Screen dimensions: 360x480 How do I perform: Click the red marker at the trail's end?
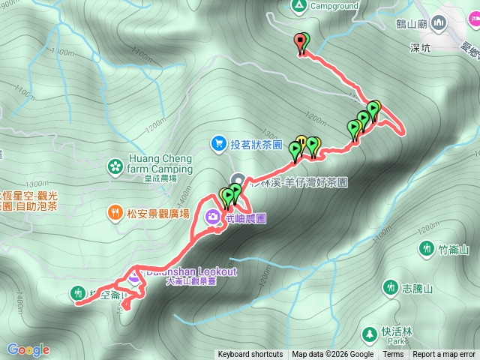tap(301, 43)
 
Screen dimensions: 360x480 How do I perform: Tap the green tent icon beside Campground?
tap(299, 6)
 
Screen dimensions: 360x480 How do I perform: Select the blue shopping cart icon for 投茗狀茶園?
tap(218, 142)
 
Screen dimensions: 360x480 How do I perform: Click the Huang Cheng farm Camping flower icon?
tap(115, 165)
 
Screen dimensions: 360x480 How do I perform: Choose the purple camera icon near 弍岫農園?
tap(213, 218)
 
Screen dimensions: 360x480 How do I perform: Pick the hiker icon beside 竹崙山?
tap(427, 247)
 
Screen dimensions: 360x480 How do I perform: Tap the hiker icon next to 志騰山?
tap(390, 286)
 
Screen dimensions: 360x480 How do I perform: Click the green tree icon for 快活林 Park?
tap(369, 333)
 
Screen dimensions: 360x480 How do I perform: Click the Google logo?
tap(28, 349)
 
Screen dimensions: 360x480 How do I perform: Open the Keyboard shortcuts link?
tap(250, 355)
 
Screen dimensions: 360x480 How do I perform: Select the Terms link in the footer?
tap(393, 355)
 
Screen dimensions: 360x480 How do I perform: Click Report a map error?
tap(444, 355)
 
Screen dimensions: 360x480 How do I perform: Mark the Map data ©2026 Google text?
tap(332, 355)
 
